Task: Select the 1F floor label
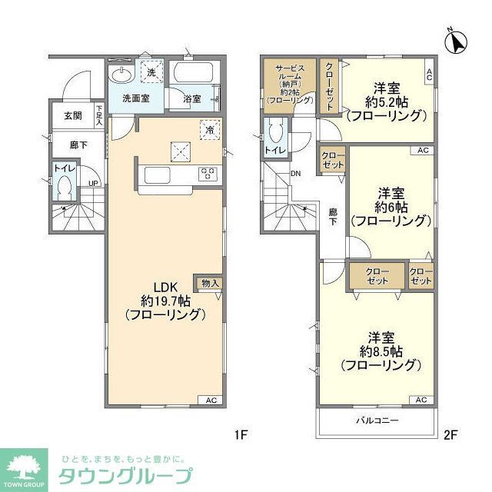click(240, 435)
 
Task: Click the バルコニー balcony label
click(376, 421)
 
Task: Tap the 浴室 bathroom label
click(192, 98)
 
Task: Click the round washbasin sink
click(120, 75)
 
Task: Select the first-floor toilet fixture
click(64, 186)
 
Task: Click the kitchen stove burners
click(208, 175)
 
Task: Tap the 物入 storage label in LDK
click(210, 283)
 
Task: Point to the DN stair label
click(296, 173)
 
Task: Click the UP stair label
click(93, 183)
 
